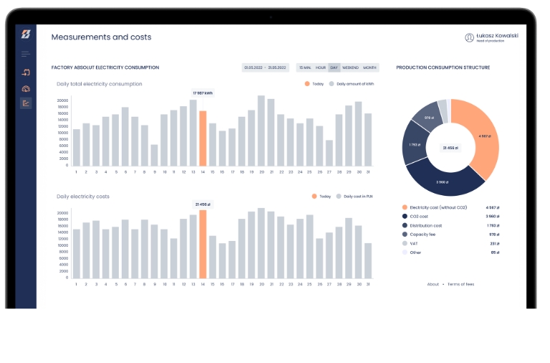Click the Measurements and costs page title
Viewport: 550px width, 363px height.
tap(101, 37)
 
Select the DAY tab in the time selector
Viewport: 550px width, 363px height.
tap(334, 67)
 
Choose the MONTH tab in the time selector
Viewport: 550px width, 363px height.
tap(370, 67)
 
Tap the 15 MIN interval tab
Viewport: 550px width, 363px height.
tap(305, 67)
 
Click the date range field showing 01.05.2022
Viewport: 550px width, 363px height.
tap(265, 67)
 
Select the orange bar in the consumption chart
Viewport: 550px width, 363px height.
tap(203, 138)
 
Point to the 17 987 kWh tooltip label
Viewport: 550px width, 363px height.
tap(203, 93)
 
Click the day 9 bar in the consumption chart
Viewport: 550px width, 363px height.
tap(154, 155)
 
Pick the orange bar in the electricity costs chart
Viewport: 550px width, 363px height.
tap(203, 244)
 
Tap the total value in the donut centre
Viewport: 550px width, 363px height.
tap(450, 148)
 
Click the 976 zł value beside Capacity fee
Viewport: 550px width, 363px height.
tap(493, 234)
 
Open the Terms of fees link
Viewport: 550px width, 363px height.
tap(460, 284)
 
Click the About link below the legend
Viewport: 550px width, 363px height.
tap(433, 284)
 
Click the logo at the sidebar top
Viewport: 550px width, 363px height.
tap(26, 34)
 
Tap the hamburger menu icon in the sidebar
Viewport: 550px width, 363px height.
tap(26, 54)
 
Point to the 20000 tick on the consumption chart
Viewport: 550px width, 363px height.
tap(63, 101)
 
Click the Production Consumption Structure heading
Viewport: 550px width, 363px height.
tap(443, 67)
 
